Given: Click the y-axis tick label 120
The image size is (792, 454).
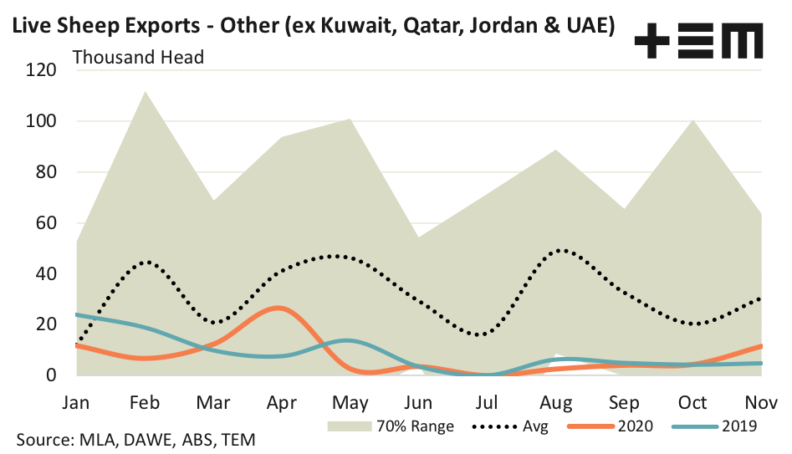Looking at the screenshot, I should click(40, 71).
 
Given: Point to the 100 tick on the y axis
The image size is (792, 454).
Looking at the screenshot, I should click(40, 122).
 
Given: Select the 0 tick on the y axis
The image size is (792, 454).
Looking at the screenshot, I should click(50, 375).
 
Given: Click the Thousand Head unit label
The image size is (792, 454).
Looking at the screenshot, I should click(139, 58).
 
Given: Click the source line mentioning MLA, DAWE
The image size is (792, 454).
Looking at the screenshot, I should click(134, 439).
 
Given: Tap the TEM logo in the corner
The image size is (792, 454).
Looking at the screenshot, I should click(698, 40).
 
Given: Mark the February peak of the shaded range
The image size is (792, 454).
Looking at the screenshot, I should click(145, 92).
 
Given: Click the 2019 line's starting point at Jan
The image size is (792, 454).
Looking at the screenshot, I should click(76, 314).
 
